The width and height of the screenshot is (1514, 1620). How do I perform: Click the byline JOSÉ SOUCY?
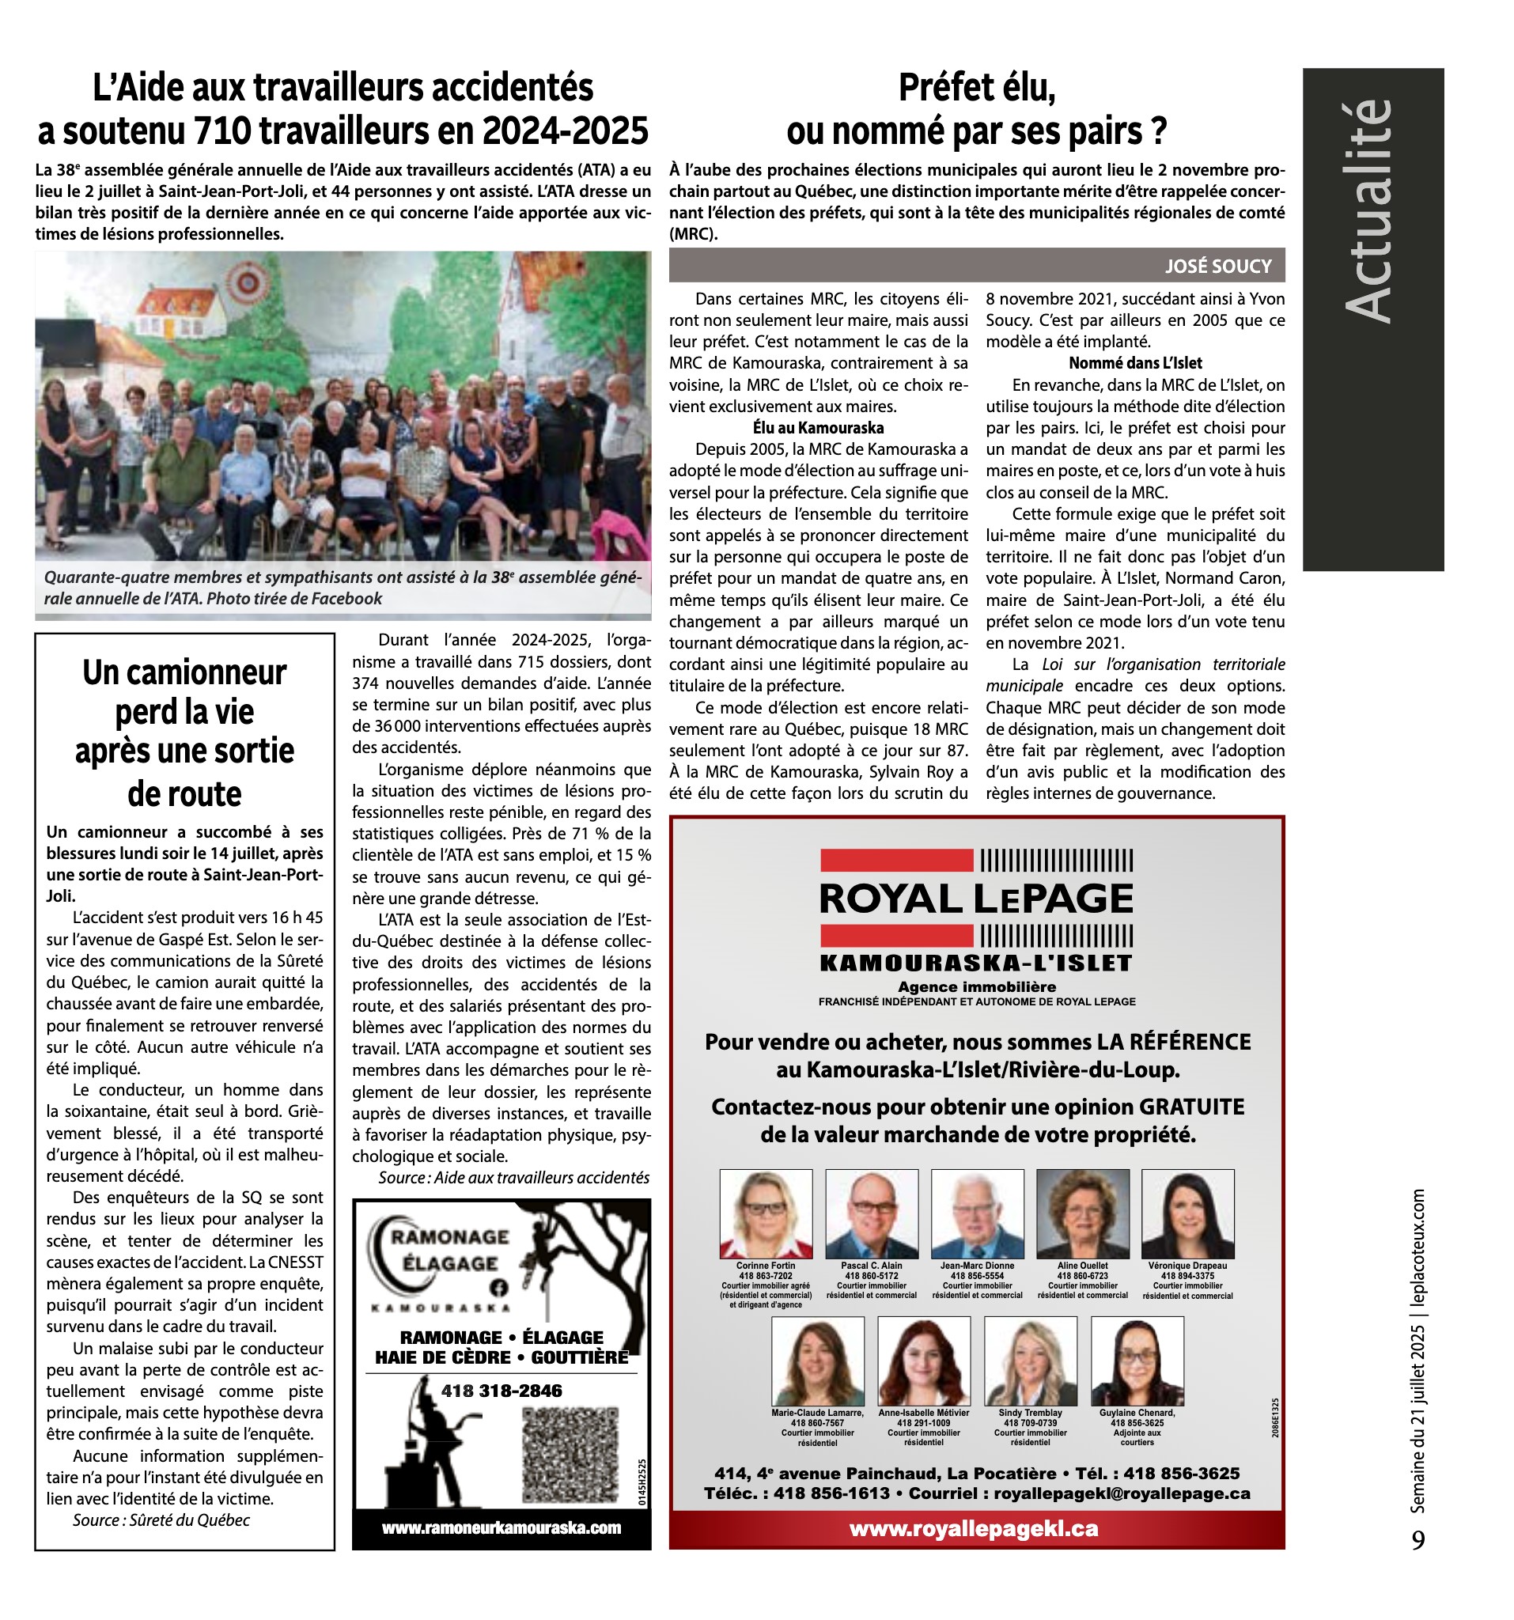point(1217,267)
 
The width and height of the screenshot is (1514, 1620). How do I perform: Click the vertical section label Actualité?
point(1368,212)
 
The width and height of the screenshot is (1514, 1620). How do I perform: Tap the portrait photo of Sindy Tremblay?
point(1030,1361)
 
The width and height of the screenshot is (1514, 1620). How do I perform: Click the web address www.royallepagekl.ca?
point(974,1530)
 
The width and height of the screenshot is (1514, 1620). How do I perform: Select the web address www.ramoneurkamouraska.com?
point(502,1528)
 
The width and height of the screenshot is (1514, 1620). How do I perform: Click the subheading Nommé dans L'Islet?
point(1135,363)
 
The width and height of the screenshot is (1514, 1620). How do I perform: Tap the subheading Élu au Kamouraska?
point(817,428)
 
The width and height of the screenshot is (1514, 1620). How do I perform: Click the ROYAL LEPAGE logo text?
point(976,899)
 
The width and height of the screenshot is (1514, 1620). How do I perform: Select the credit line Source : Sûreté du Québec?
point(161,1520)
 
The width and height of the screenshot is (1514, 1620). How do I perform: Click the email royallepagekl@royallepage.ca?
point(1121,1493)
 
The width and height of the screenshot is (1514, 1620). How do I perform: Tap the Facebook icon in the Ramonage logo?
point(498,1288)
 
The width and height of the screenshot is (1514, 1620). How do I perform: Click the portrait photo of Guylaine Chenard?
point(1137,1361)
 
